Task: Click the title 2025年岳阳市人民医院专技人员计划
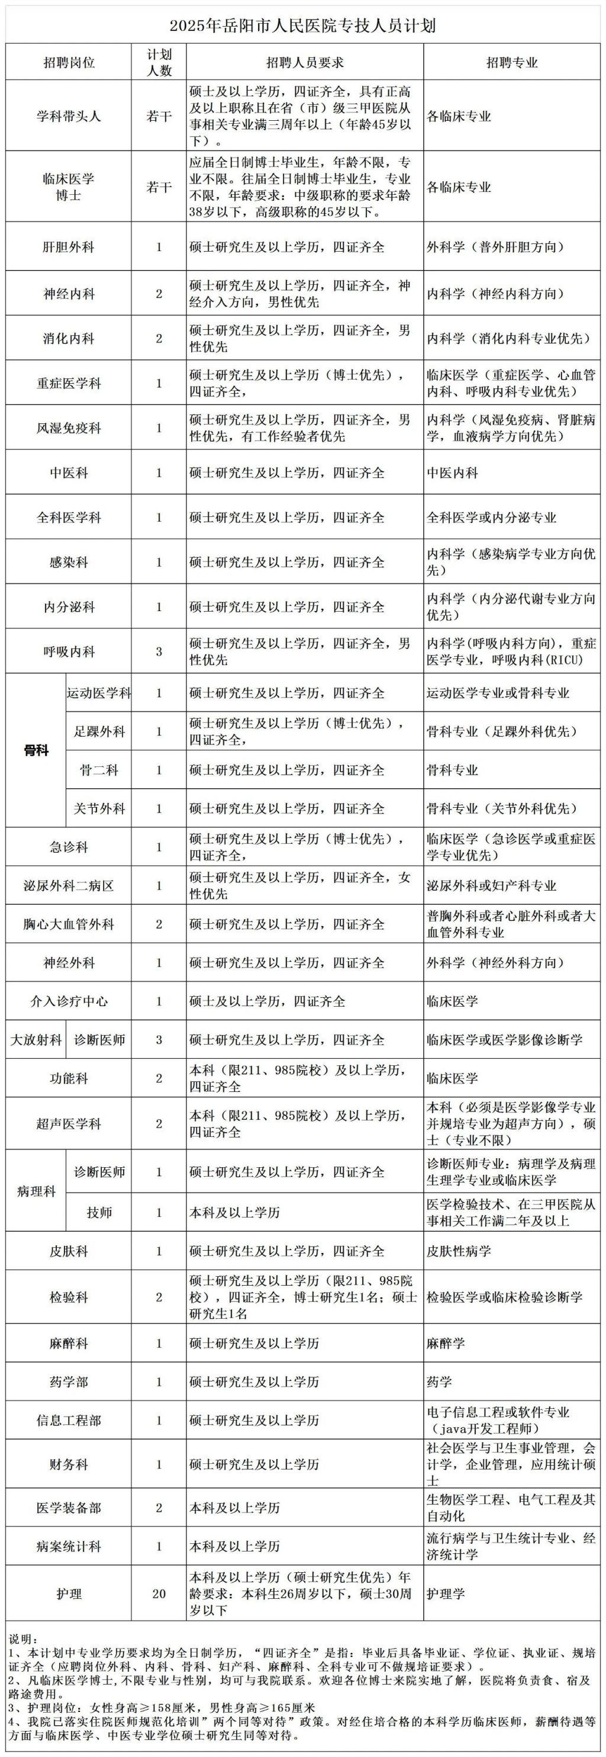302,26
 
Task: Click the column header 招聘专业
512,63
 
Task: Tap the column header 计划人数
159,63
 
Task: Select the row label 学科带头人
68,116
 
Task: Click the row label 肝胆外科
68,247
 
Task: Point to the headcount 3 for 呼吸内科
159,651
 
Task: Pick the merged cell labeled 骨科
36,751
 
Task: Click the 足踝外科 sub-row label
99,732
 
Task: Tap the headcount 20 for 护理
159,1594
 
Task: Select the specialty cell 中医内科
453,473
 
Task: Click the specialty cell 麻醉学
446,1343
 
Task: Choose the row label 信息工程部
68,1420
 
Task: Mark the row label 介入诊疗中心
68,1001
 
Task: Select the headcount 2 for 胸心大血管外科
159,924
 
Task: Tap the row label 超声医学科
68,1123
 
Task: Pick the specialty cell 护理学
446,1594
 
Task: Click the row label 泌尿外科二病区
68,886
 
